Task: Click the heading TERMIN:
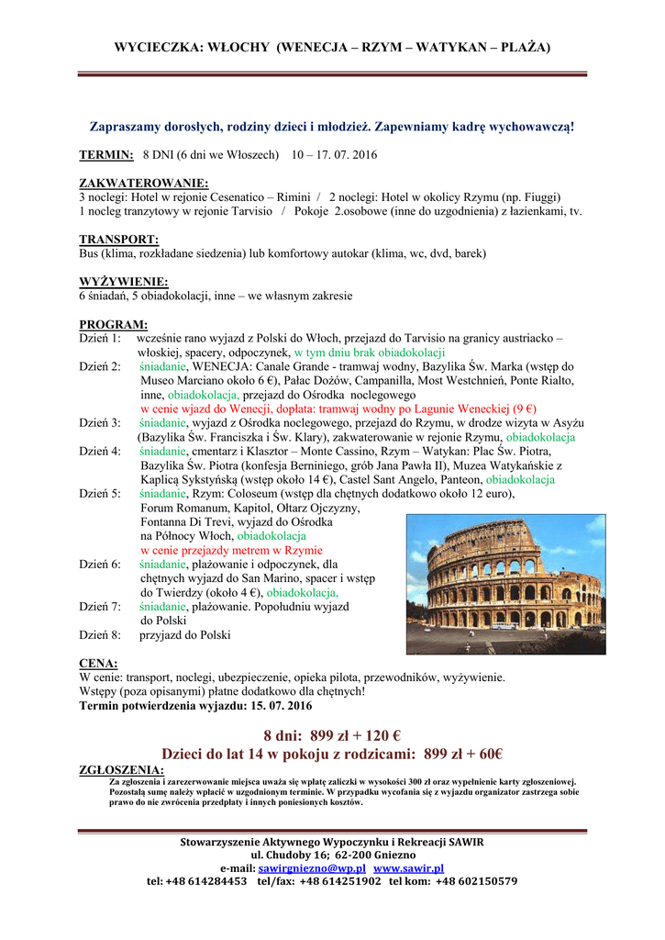click(x=106, y=156)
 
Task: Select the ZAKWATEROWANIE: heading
click(x=144, y=184)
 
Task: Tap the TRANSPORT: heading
click(x=119, y=240)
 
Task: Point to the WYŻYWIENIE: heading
click(x=124, y=282)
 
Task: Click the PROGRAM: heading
click(x=114, y=324)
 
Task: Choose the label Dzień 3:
click(x=100, y=423)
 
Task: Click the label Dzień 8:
click(x=100, y=634)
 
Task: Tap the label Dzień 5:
click(x=100, y=494)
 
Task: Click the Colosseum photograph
click(x=504, y=583)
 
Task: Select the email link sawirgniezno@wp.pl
click(x=312, y=867)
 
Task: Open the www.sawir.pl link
click(x=408, y=867)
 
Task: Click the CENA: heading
click(x=98, y=664)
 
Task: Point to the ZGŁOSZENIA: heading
click(x=122, y=770)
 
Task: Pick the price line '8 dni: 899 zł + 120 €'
click(x=332, y=735)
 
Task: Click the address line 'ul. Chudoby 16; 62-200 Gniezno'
click(x=332, y=855)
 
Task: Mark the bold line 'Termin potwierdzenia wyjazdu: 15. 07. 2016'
click(x=195, y=706)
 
